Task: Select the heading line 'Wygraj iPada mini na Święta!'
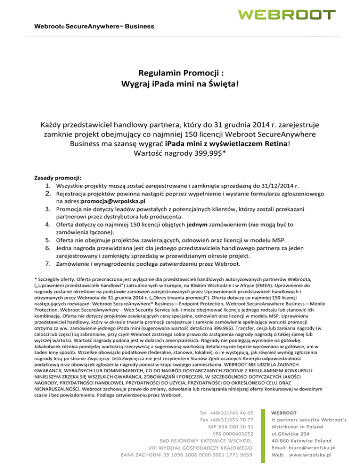180,84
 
